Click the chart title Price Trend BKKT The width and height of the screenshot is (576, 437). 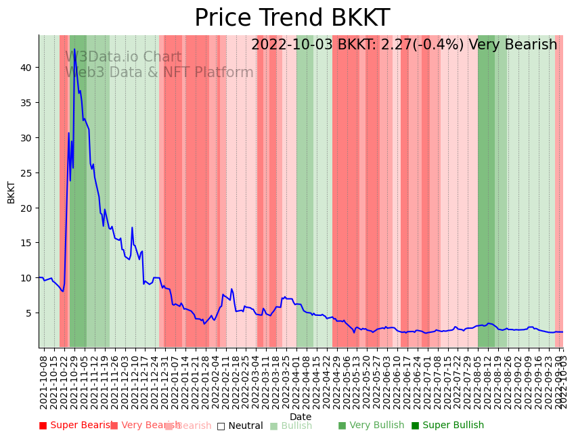pyautogui.click(x=292, y=18)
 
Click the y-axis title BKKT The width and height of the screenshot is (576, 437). pyautogui.click(x=11, y=191)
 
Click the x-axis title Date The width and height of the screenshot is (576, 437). pyautogui.click(x=301, y=417)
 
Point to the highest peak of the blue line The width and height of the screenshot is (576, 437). pyautogui.click(x=74, y=49)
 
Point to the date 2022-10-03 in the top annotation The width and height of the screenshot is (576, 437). pyautogui.click(x=292, y=45)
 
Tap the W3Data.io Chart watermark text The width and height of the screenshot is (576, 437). pyautogui.click(x=123, y=57)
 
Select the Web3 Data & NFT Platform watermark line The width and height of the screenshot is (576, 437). pyautogui.click(x=159, y=72)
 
